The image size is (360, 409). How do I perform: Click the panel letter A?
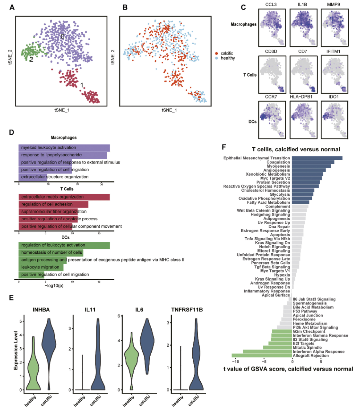point(12,7)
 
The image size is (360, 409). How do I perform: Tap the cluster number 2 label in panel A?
point(31,60)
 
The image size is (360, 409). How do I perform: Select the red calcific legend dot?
point(217,53)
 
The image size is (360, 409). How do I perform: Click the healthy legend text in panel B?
point(228,58)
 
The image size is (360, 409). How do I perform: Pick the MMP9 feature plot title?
point(334,4)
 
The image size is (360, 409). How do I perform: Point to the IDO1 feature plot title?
point(334,97)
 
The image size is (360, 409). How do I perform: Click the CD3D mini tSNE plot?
point(272,74)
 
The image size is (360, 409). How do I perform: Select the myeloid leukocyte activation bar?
point(64,148)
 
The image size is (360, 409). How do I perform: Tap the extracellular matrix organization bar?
point(64,197)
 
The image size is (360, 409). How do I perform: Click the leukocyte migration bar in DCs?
point(41,267)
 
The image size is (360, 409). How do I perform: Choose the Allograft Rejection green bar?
point(262,356)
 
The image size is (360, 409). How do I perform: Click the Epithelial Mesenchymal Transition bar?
point(317,158)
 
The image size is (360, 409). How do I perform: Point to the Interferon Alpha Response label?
point(319,352)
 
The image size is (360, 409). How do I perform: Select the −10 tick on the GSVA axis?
point(235,361)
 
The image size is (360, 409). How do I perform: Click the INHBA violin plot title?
point(41,310)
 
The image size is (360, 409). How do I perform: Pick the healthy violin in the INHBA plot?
point(33,363)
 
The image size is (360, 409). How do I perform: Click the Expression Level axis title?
point(16,350)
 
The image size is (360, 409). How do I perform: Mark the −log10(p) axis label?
point(54,286)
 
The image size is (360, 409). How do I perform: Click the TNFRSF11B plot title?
point(187,310)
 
